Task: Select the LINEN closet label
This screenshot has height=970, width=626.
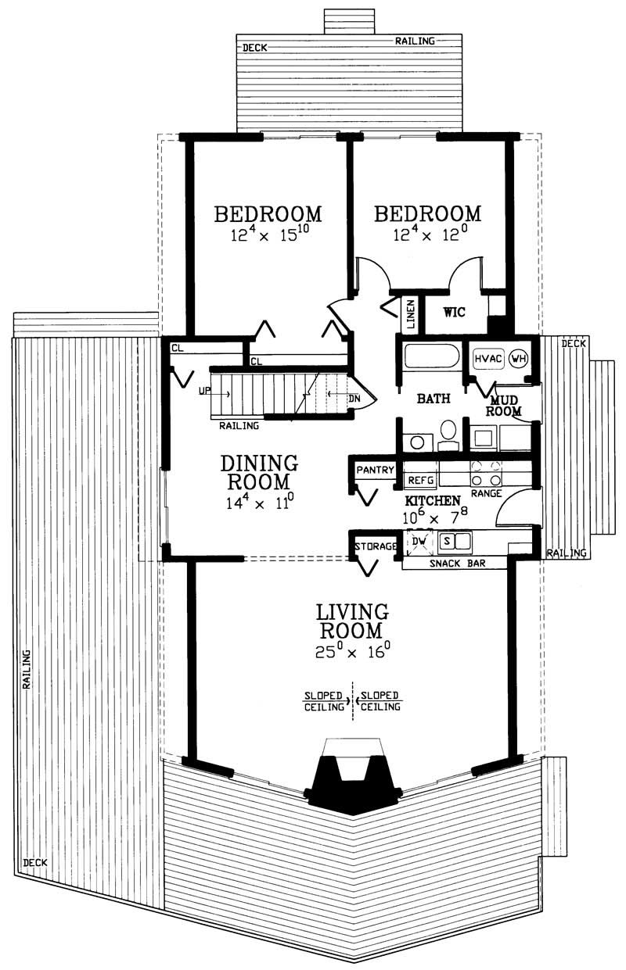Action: click(x=411, y=314)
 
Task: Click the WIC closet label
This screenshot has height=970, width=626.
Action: click(x=455, y=313)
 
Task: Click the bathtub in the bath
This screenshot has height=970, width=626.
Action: click(x=430, y=360)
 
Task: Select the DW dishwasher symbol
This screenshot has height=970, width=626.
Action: click(x=419, y=541)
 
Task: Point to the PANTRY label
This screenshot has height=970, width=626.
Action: click(x=374, y=471)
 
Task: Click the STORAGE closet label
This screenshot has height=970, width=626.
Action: click(x=376, y=546)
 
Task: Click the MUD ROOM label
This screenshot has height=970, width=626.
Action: click(x=504, y=405)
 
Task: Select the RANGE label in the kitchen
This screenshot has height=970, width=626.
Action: click(x=486, y=494)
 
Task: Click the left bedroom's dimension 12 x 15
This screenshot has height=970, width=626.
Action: click(x=268, y=235)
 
